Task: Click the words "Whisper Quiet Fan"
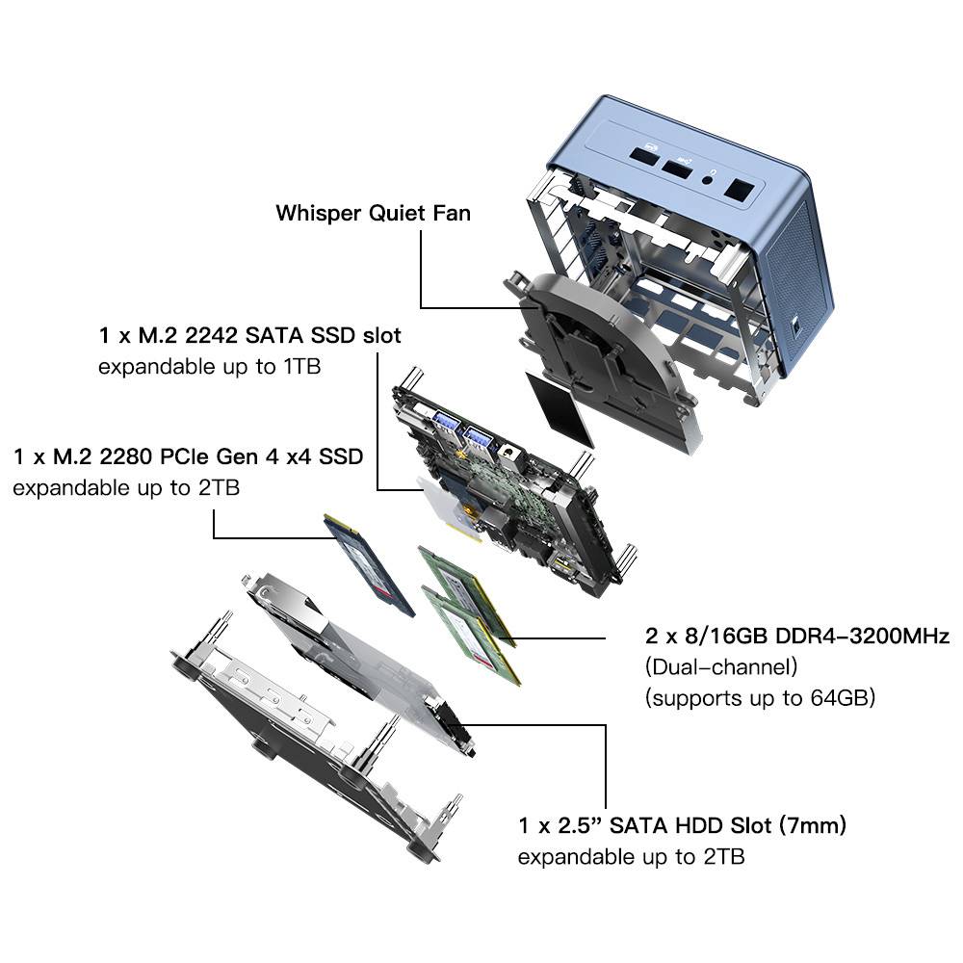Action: tap(373, 213)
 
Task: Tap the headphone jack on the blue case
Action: tap(712, 176)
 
